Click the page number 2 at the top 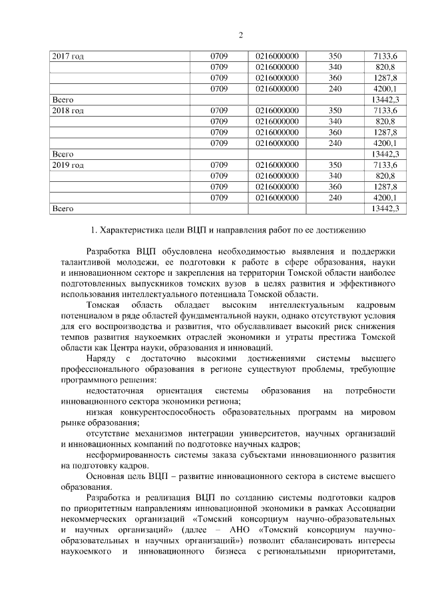[x=241, y=35]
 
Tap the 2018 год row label [x=68, y=110]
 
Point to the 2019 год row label [x=68, y=165]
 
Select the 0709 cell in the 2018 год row [x=219, y=110]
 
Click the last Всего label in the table [x=63, y=209]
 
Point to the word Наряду [x=103, y=358]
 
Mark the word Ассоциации [x=369, y=509]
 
